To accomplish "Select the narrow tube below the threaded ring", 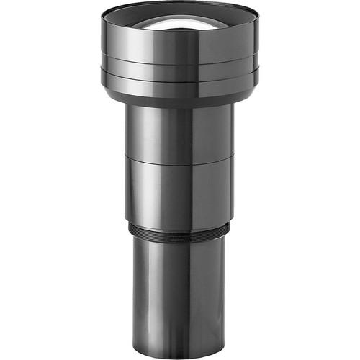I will click(x=180, y=288).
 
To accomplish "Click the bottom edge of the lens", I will click(x=180, y=354).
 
